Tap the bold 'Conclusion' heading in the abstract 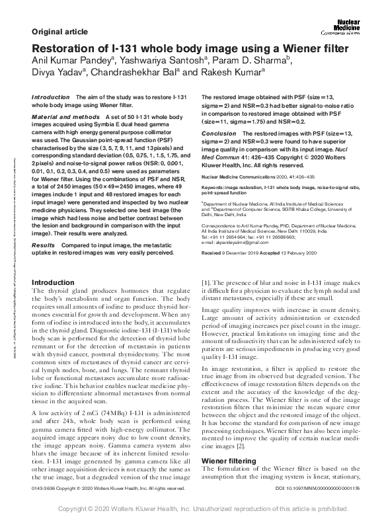pyautogui.click(x=218, y=134)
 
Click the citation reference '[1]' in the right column pyautogui.click(x=205, y=282)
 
